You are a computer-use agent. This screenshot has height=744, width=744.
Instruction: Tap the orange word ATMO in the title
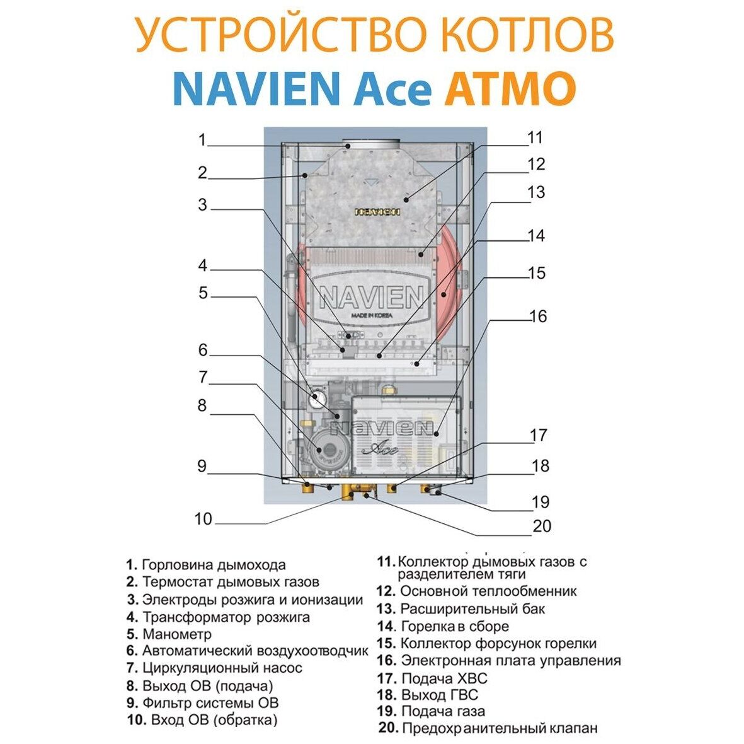coord(510,90)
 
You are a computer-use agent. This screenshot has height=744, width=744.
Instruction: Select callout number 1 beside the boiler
coord(202,139)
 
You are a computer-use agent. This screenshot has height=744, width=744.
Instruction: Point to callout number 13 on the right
coord(535,192)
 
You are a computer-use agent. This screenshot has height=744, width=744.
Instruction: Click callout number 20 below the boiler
coord(542,525)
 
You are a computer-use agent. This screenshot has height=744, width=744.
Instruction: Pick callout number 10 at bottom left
coord(203,519)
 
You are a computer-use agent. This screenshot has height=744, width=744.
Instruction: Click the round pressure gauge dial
coord(318,398)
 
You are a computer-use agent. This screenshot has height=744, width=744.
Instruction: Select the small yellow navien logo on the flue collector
coord(377,212)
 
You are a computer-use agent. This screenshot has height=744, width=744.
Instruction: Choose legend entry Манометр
coord(177,634)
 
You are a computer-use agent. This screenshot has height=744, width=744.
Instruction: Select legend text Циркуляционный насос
coord(222,668)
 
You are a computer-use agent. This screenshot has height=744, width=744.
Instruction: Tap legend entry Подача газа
coord(443,711)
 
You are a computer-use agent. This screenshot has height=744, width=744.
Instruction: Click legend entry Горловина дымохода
coord(214,565)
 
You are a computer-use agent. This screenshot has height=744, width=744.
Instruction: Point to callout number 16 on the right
coord(539,316)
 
